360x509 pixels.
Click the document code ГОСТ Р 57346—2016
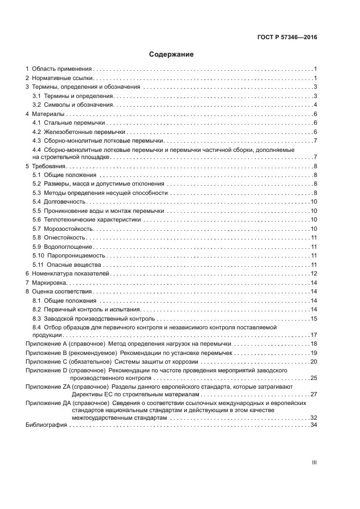pos(287,38)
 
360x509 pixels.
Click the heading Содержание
pos(172,54)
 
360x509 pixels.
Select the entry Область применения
pos(61,69)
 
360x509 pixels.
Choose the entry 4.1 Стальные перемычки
pos(69,123)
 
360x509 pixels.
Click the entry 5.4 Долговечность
pos(63,202)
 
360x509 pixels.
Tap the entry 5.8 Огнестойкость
pos(64,237)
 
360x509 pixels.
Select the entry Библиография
pos(46,425)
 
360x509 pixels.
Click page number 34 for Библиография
pos(313,425)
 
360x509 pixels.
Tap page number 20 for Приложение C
pos(313,362)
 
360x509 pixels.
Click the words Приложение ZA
pos(46,387)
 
